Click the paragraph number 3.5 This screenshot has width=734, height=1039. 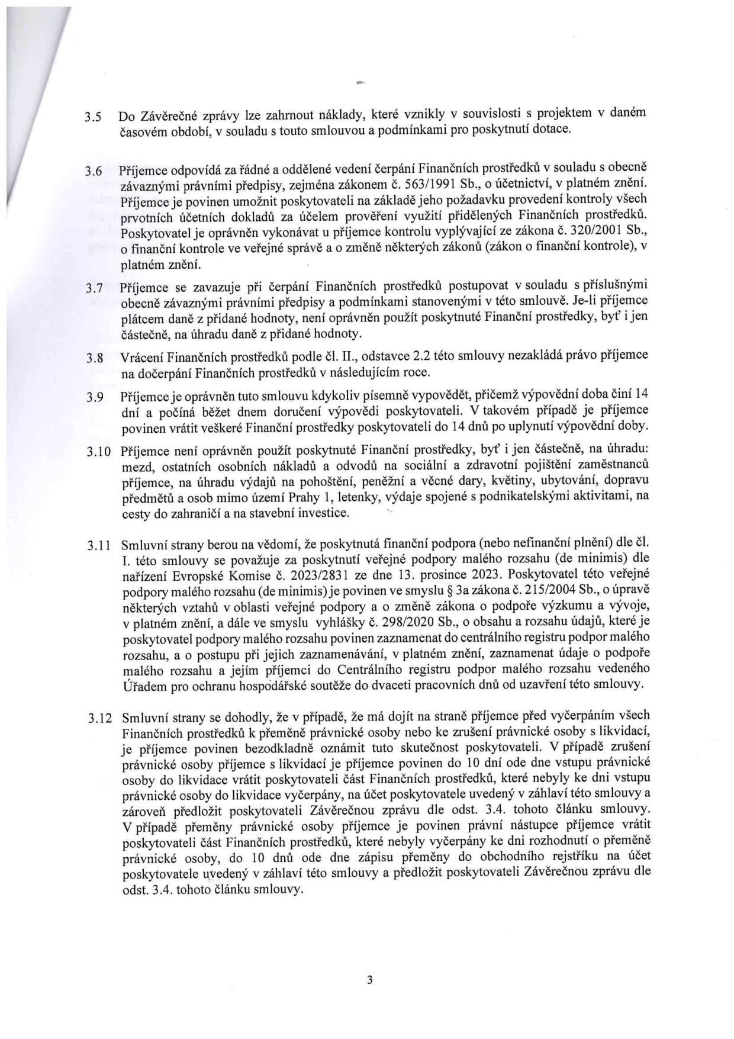93,117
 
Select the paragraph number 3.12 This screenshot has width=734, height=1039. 98,719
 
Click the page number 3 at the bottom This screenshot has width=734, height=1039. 370,980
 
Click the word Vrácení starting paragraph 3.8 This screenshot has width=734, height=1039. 141,357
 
